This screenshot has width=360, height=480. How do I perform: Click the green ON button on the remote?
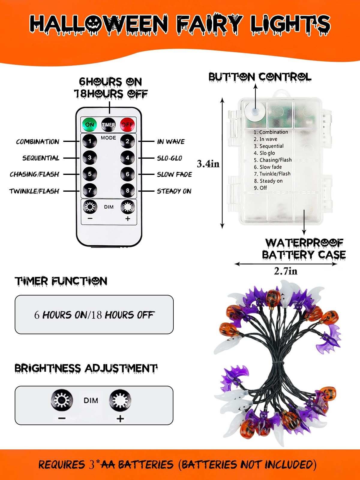click(89, 124)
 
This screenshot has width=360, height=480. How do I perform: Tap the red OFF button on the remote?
click(127, 124)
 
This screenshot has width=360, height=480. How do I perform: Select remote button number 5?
click(89, 174)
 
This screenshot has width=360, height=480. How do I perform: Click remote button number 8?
click(127, 190)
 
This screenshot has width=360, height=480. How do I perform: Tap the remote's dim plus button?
click(127, 207)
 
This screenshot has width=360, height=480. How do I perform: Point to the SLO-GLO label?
click(169, 158)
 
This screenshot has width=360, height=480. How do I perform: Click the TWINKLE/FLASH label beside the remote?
click(34, 191)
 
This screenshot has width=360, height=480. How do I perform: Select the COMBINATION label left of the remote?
click(37, 142)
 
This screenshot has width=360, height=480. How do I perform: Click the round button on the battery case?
click(255, 111)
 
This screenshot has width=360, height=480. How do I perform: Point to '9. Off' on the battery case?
click(260, 188)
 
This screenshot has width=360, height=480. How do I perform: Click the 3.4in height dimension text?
click(208, 164)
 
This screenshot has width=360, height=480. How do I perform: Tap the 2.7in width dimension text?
click(286, 271)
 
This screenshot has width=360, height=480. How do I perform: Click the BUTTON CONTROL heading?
click(260, 77)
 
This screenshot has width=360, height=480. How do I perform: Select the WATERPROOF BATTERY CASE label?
click(304, 249)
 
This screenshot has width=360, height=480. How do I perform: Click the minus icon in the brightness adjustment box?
click(61, 418)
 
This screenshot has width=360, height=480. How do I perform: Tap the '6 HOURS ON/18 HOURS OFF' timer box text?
click(94, 315)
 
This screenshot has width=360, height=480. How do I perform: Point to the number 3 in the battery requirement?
click(92, 465)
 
